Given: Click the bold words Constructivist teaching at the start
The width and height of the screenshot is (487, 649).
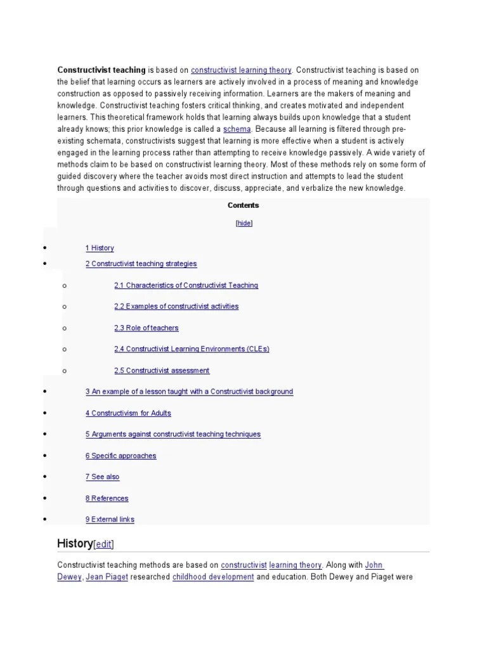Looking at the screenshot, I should (x=101, y=70).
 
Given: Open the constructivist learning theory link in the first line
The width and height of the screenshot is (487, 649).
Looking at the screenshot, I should (x=241, y=70).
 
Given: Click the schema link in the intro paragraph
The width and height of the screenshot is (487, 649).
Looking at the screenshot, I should (x=233, y=129).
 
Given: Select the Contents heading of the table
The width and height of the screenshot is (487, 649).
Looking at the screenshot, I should (x=243, y=205).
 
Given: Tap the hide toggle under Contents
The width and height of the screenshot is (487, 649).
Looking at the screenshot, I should (x=243, y=224).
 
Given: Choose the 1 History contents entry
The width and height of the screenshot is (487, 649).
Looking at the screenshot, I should (x=100, y=248).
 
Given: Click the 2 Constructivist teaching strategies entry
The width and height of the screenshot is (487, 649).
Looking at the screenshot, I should (x=141, y=264).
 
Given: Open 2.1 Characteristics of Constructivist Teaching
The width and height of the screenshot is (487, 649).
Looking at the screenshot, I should (x=186, y=285).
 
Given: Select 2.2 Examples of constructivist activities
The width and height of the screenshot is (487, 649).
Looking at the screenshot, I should (x=176, y=307).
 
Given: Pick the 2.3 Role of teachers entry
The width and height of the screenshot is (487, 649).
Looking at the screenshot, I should (x=146, y=328).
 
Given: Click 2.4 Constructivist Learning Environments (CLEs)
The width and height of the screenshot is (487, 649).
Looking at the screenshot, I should (x=192, y=349).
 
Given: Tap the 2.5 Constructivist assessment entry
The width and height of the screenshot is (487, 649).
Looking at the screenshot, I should (x=162, y=371).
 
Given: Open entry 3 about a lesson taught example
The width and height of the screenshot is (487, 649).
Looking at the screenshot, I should (x=189, y=392).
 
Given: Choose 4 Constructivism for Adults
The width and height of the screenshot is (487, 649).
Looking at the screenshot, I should (x=128, y=413).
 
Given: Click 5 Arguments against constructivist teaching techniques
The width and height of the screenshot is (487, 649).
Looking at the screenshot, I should (x=172, y=434).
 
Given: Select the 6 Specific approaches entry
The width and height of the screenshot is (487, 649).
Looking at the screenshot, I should (x=120, y=456).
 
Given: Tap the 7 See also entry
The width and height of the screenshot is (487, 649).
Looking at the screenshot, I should (x=102, y=477).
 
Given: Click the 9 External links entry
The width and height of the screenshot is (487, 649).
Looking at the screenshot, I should (x=110, y=520).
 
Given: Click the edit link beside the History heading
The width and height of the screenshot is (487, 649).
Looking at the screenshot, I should (x=104, y=544).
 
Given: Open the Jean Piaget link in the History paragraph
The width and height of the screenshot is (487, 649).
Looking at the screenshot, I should (x=107, y=577).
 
